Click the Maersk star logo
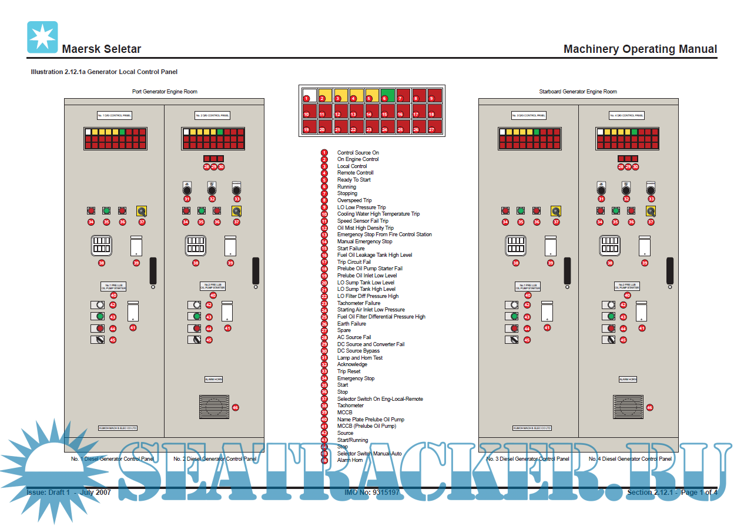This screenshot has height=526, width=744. point(42,37)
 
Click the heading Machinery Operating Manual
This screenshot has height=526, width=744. point(640,49)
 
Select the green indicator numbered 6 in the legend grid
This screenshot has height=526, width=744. point(387,95)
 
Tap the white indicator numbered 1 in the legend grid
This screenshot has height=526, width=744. point(309,95)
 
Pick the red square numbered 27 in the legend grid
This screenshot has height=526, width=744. point(434,126)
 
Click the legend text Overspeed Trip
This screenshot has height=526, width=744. point(354,200)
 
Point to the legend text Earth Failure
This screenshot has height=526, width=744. point(351,324)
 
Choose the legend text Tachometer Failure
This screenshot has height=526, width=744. point(358,303)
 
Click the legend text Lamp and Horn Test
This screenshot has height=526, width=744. point(360,358)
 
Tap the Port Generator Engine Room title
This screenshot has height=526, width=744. point(164,92)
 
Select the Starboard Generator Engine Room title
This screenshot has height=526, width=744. point(578,92)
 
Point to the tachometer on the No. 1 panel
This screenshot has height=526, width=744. point(101,246)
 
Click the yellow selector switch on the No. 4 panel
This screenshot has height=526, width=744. point(651,211)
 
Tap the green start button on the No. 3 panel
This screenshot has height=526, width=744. point(521,210)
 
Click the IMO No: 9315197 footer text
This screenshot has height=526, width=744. point(371,493)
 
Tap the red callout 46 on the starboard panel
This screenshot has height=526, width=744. point(649,407)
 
